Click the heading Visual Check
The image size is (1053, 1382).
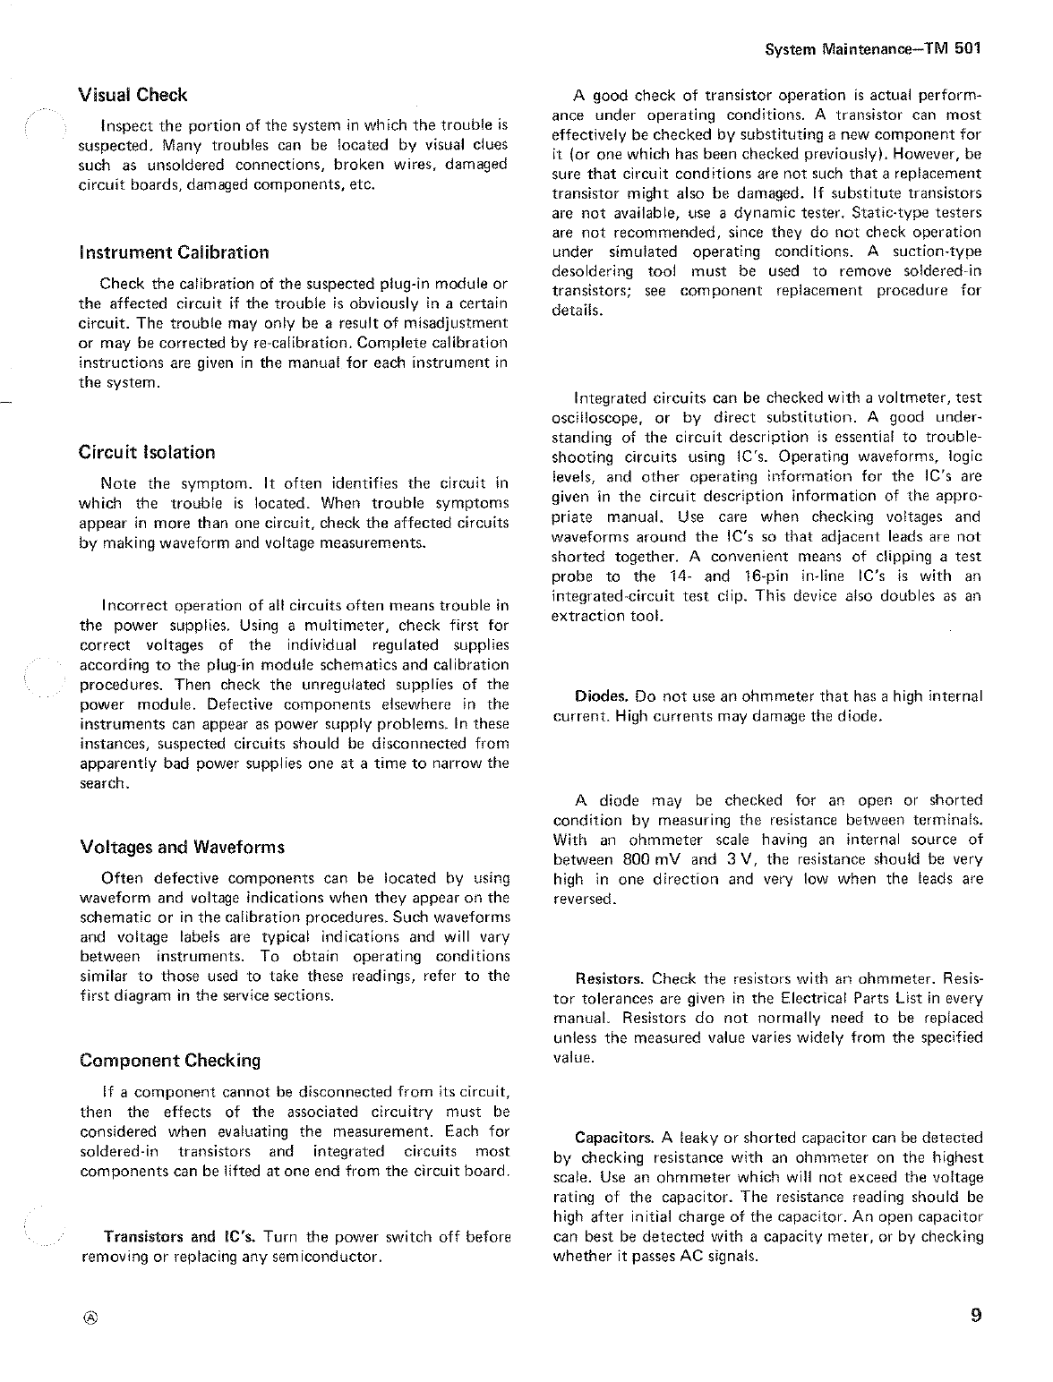coord(133,95)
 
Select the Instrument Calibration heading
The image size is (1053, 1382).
coord(174,252)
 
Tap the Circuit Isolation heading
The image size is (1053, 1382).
coord(147,452)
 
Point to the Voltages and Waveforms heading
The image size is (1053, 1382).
coord(182,847)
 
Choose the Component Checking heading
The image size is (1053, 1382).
coord(170,1061)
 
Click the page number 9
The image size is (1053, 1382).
coord(975,1316)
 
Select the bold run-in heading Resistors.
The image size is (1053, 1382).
coord(611,978)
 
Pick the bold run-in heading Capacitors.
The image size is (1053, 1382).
coord(614,1138)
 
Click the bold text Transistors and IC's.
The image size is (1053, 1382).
coord(181,1238)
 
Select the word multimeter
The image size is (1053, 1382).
coord(346,626)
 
